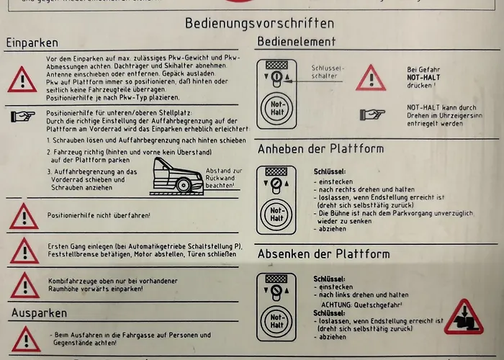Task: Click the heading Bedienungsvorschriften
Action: point(259,23)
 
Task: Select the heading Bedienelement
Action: point(296,42)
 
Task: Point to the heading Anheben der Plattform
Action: point(320,149)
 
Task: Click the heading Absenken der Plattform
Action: point(323,253)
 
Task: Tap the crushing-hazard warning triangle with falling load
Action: point(463,318)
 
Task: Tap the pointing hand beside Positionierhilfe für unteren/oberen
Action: point(22,114)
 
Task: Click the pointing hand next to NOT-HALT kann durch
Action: point(371,114)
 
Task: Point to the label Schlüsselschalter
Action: point(328,71)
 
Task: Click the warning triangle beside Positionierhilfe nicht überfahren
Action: point(23,216)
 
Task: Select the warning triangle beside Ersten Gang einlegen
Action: point(23,251)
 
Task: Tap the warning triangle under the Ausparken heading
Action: point(23,338)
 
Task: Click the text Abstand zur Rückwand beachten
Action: point(220,178)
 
